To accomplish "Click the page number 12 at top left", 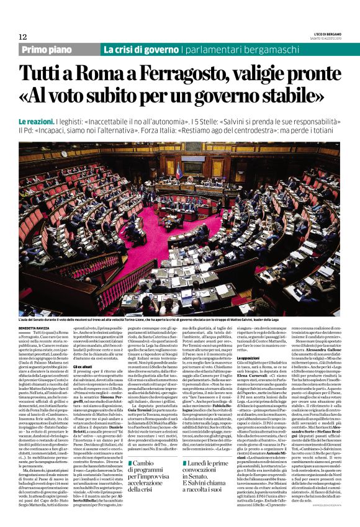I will point(23,37).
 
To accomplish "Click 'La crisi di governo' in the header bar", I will point(141,50).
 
